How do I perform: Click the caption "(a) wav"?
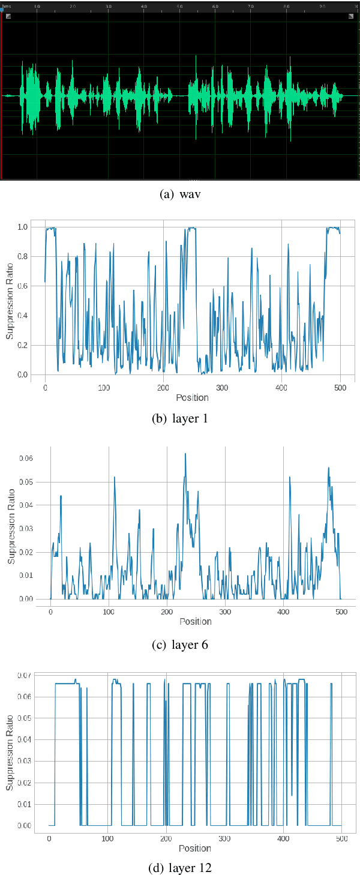(x=179, y=194)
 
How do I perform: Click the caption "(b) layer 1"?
(x=179, y=418)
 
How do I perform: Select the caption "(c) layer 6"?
(x=179, y=645)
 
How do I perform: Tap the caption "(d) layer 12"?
(x=179, y=867)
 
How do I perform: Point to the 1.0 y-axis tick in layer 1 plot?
(x=23, y=227)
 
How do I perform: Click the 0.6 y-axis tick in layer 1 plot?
(x=23, y=286)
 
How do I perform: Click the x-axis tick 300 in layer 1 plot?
(x=223, y=388)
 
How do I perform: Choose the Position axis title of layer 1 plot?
(x=193, y=397)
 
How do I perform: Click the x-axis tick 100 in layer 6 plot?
(x=109, y=612)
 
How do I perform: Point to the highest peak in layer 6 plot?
(x=185, y=454)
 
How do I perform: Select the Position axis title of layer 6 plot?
(x=196, y=621)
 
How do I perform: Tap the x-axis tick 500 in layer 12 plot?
(x=341, y=838)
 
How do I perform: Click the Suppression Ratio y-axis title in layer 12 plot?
(x=9, y=751)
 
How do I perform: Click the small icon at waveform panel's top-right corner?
(x=351, y=16)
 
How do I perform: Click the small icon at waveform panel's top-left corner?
(x=8, y=16)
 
